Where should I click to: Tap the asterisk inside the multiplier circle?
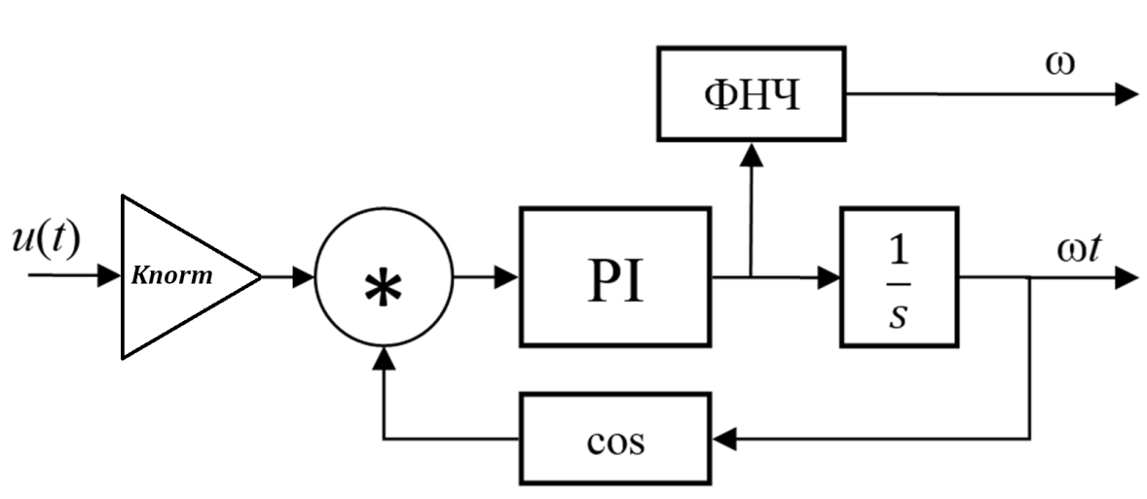[384, 288]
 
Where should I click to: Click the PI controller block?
[615, 277]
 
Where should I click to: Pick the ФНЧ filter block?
[752, 94]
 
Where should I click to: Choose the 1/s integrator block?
[899, 277]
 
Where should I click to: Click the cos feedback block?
[615, 439]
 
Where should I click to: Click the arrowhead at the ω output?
[1127, 94]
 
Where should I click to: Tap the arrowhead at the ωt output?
[1127, 277]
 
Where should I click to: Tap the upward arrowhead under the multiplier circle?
[385, 360]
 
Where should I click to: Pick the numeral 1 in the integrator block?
[900, 248]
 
